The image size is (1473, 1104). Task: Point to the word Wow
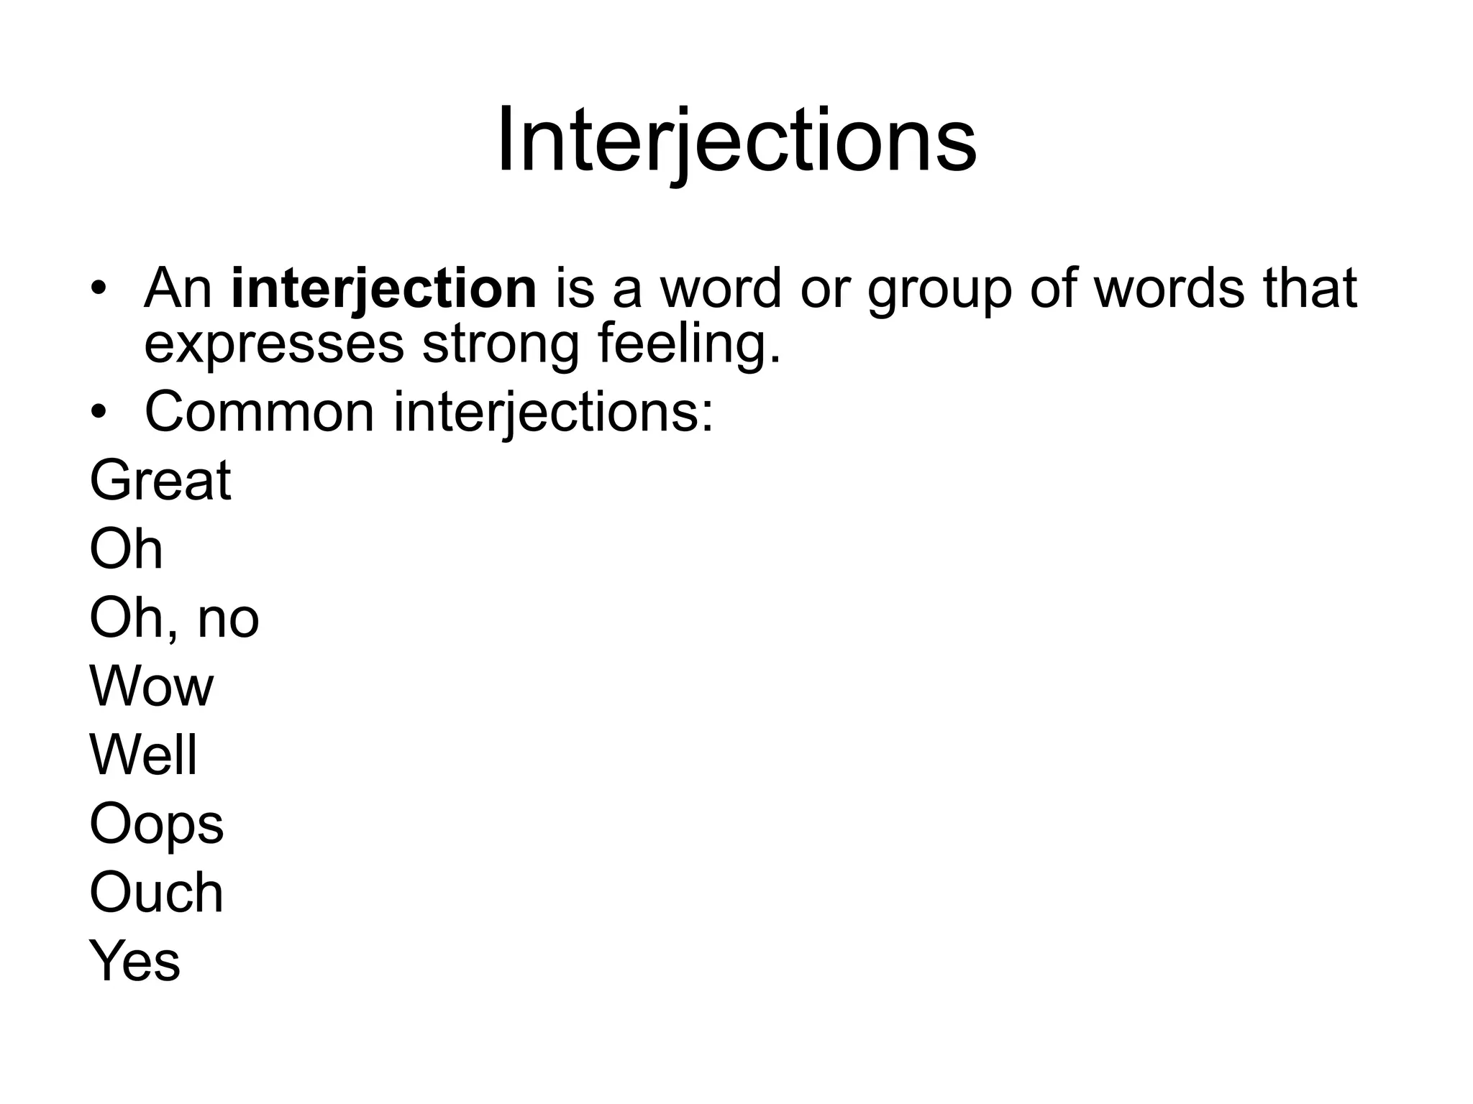pos(152,686)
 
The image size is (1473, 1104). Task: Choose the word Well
pos(143,755)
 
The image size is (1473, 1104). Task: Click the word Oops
pos(157,825)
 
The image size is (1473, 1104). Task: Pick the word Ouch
pos(157,893)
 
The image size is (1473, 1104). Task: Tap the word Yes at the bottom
pos(135,962)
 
